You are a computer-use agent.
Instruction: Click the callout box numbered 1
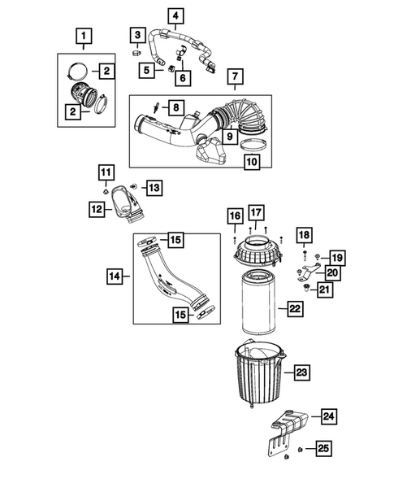tap(84, 36)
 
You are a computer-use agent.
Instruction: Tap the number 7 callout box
tap(234, 78)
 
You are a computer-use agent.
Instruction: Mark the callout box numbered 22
tap(294, 309)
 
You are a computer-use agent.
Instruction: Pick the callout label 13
tap(154, 188)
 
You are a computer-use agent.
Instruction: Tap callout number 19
tap(337, 257)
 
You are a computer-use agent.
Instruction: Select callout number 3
tap(140, 34)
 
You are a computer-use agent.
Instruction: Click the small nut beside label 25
tap(301, 450)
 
